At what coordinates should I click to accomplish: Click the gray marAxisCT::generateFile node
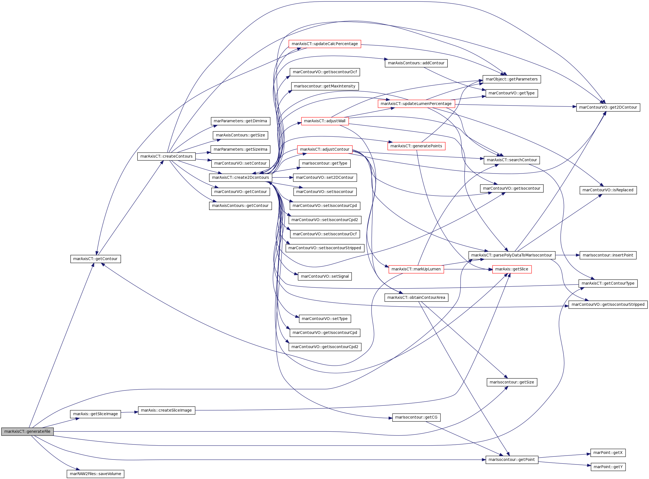tap(27, 431)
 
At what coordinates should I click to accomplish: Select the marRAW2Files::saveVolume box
tap(96, 474)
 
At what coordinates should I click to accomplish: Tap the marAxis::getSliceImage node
tap(96, 414)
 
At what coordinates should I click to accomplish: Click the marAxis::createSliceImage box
tap(166, 410)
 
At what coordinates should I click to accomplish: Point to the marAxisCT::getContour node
tap(96, 259)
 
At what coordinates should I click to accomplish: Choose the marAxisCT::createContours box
tap(166, 156)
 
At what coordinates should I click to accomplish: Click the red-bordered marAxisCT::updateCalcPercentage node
tap(325, 44)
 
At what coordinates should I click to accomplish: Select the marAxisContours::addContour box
tap(416, 63)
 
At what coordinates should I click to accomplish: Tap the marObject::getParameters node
tap(512, 79)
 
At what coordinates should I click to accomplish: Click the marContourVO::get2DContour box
tap(608, 107)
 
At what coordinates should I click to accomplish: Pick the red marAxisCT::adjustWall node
tap(325, 121)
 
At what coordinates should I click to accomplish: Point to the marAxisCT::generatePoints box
tap(416, 146)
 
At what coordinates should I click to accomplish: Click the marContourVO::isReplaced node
tap(608, 190)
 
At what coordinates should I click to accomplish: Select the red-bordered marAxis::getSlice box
tap(512, 269)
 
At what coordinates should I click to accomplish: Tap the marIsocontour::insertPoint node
tap(608, 255)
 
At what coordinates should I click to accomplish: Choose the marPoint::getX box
tap(608, 453)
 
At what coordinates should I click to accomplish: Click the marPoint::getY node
tap(608, 467)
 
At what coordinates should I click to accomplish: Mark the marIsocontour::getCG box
tap(416, 417)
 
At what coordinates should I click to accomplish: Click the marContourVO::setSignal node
tap(325, 276)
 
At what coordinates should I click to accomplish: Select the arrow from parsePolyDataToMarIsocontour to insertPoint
tap(568, 255)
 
